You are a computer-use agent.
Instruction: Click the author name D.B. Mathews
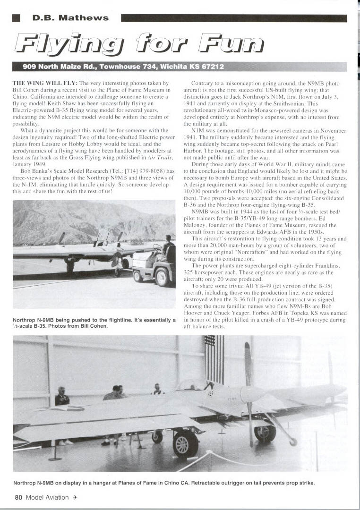(70, 18)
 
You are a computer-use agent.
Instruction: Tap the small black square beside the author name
(17, 18)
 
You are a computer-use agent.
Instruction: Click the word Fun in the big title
(231, 43)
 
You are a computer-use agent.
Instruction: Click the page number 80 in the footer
(18, 497)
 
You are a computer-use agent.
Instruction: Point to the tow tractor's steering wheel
(157, 247)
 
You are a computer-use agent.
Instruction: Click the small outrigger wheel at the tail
(293, 442)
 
